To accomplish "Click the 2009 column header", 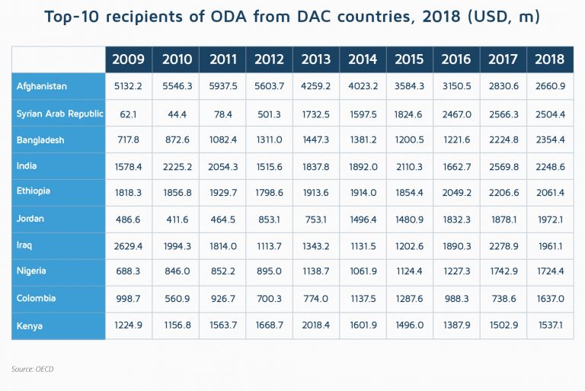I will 129,59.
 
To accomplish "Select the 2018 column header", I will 549,59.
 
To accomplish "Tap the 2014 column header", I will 362,59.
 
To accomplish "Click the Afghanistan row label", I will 42,86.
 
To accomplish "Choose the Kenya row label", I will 30,325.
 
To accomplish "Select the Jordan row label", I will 31,219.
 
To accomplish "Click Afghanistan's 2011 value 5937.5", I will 222,87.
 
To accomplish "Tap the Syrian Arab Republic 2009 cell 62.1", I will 129,114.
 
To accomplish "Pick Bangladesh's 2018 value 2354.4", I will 549,140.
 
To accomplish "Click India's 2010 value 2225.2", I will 175,166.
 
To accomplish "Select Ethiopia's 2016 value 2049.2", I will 456,193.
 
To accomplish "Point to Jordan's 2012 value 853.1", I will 269,220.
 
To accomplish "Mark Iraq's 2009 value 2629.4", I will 129,246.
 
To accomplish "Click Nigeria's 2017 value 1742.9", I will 503,273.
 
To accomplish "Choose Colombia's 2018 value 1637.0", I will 549,299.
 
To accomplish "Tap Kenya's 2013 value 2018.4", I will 315,325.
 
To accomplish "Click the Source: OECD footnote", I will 33,369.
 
